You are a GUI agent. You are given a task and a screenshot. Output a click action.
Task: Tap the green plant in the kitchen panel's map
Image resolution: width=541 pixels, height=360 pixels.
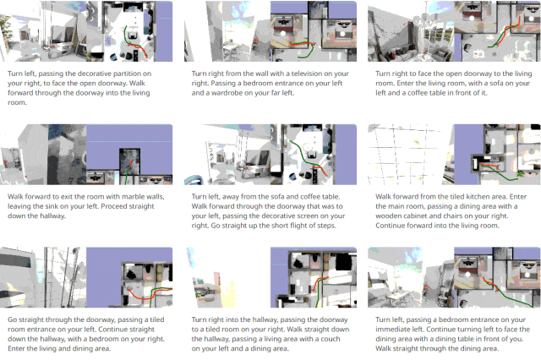(520, 174)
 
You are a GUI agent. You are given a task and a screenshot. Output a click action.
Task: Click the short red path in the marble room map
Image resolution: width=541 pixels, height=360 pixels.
(130, 165)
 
